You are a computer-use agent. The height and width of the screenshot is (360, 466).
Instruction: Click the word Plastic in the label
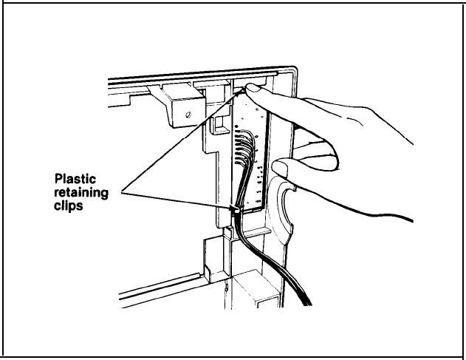click(75, 179)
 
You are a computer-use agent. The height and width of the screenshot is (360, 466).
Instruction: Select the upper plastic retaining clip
click(240, 91)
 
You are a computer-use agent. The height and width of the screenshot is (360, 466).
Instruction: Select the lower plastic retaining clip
click(235, 211)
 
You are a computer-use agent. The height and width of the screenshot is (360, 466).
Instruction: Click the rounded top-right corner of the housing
click(293, 74)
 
